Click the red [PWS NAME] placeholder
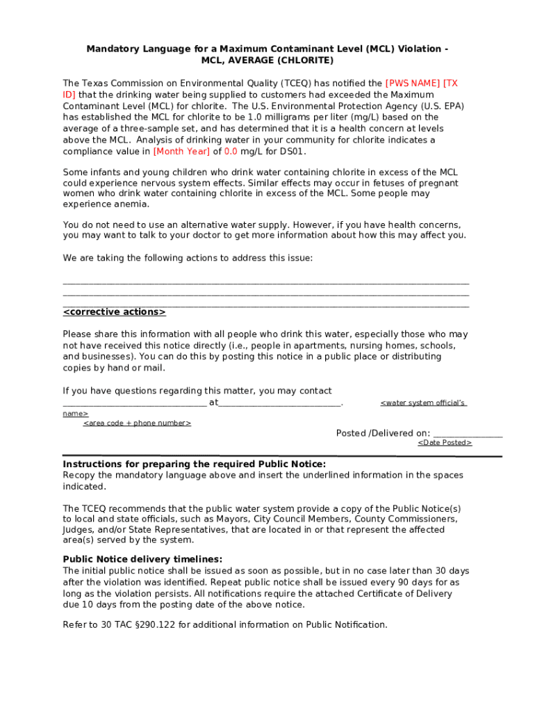(x=413, y=83)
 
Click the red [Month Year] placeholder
(x=181, y=152)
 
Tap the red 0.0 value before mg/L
(x=231, y=152)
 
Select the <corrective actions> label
(x=115, y=312)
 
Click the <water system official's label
(x=423, y=403)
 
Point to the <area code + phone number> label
(x=137, y=423)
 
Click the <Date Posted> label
(x=445, y=443)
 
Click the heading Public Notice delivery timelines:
(x=142, y=559)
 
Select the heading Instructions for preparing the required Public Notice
(x=194, y=464)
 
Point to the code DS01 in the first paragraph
(x=291, y=152)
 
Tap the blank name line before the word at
(x=134, y=403)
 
